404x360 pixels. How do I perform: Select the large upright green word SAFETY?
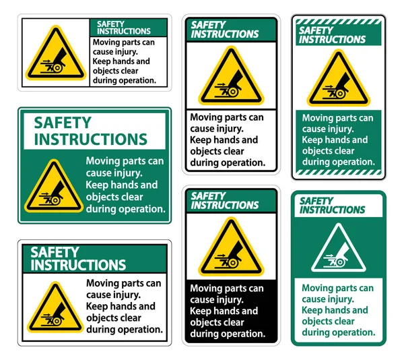63,123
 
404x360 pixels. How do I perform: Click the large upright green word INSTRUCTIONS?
90,140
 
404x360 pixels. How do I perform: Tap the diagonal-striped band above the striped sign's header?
338,22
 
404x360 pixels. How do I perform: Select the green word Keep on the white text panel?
311,310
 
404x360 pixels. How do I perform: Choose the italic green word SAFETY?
316,201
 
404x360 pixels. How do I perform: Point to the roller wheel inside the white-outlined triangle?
340,262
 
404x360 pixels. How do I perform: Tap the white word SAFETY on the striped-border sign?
316,31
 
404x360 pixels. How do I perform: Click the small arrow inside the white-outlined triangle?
329,256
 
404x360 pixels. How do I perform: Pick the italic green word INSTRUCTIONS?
333,210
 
